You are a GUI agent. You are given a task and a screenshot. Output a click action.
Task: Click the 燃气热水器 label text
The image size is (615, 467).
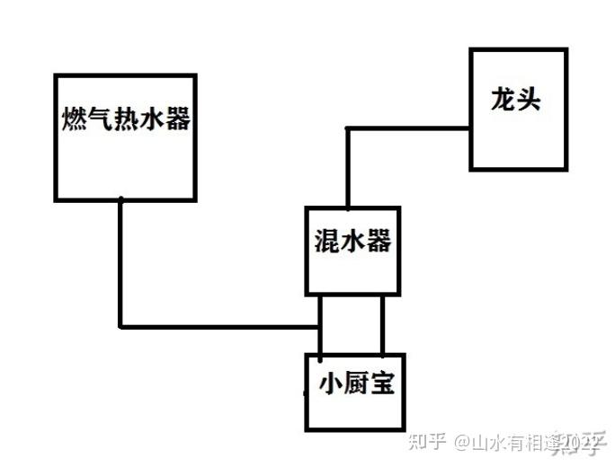(126, 119)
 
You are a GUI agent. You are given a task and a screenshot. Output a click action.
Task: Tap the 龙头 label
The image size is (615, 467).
(516, 99)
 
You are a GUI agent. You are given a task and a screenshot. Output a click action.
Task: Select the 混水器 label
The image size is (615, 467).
(352, 241)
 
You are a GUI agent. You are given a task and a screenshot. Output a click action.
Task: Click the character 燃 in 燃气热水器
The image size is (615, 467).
(75, 119)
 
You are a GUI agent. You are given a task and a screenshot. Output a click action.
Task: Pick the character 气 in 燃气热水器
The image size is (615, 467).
(100, 119)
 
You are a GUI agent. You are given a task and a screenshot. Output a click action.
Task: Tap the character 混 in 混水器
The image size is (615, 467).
(326, 241)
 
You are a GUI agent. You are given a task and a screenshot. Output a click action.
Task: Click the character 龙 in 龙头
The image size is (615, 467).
(503, 99)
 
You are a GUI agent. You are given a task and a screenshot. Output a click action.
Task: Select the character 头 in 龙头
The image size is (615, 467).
(529, 99)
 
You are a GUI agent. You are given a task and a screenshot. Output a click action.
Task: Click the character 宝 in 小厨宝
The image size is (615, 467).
(382, 385)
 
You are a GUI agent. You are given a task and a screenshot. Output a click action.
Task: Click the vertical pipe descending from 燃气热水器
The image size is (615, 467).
(120, 260)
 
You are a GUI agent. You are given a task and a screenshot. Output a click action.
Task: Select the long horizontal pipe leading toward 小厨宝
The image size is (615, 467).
(220, 327)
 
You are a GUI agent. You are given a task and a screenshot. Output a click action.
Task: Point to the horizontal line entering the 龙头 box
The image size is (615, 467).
(409, 128)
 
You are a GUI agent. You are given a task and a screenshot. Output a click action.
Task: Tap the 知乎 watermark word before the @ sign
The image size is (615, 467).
(427, 442)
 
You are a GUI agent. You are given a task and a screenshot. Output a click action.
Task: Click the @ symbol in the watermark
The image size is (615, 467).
(459, 443)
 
